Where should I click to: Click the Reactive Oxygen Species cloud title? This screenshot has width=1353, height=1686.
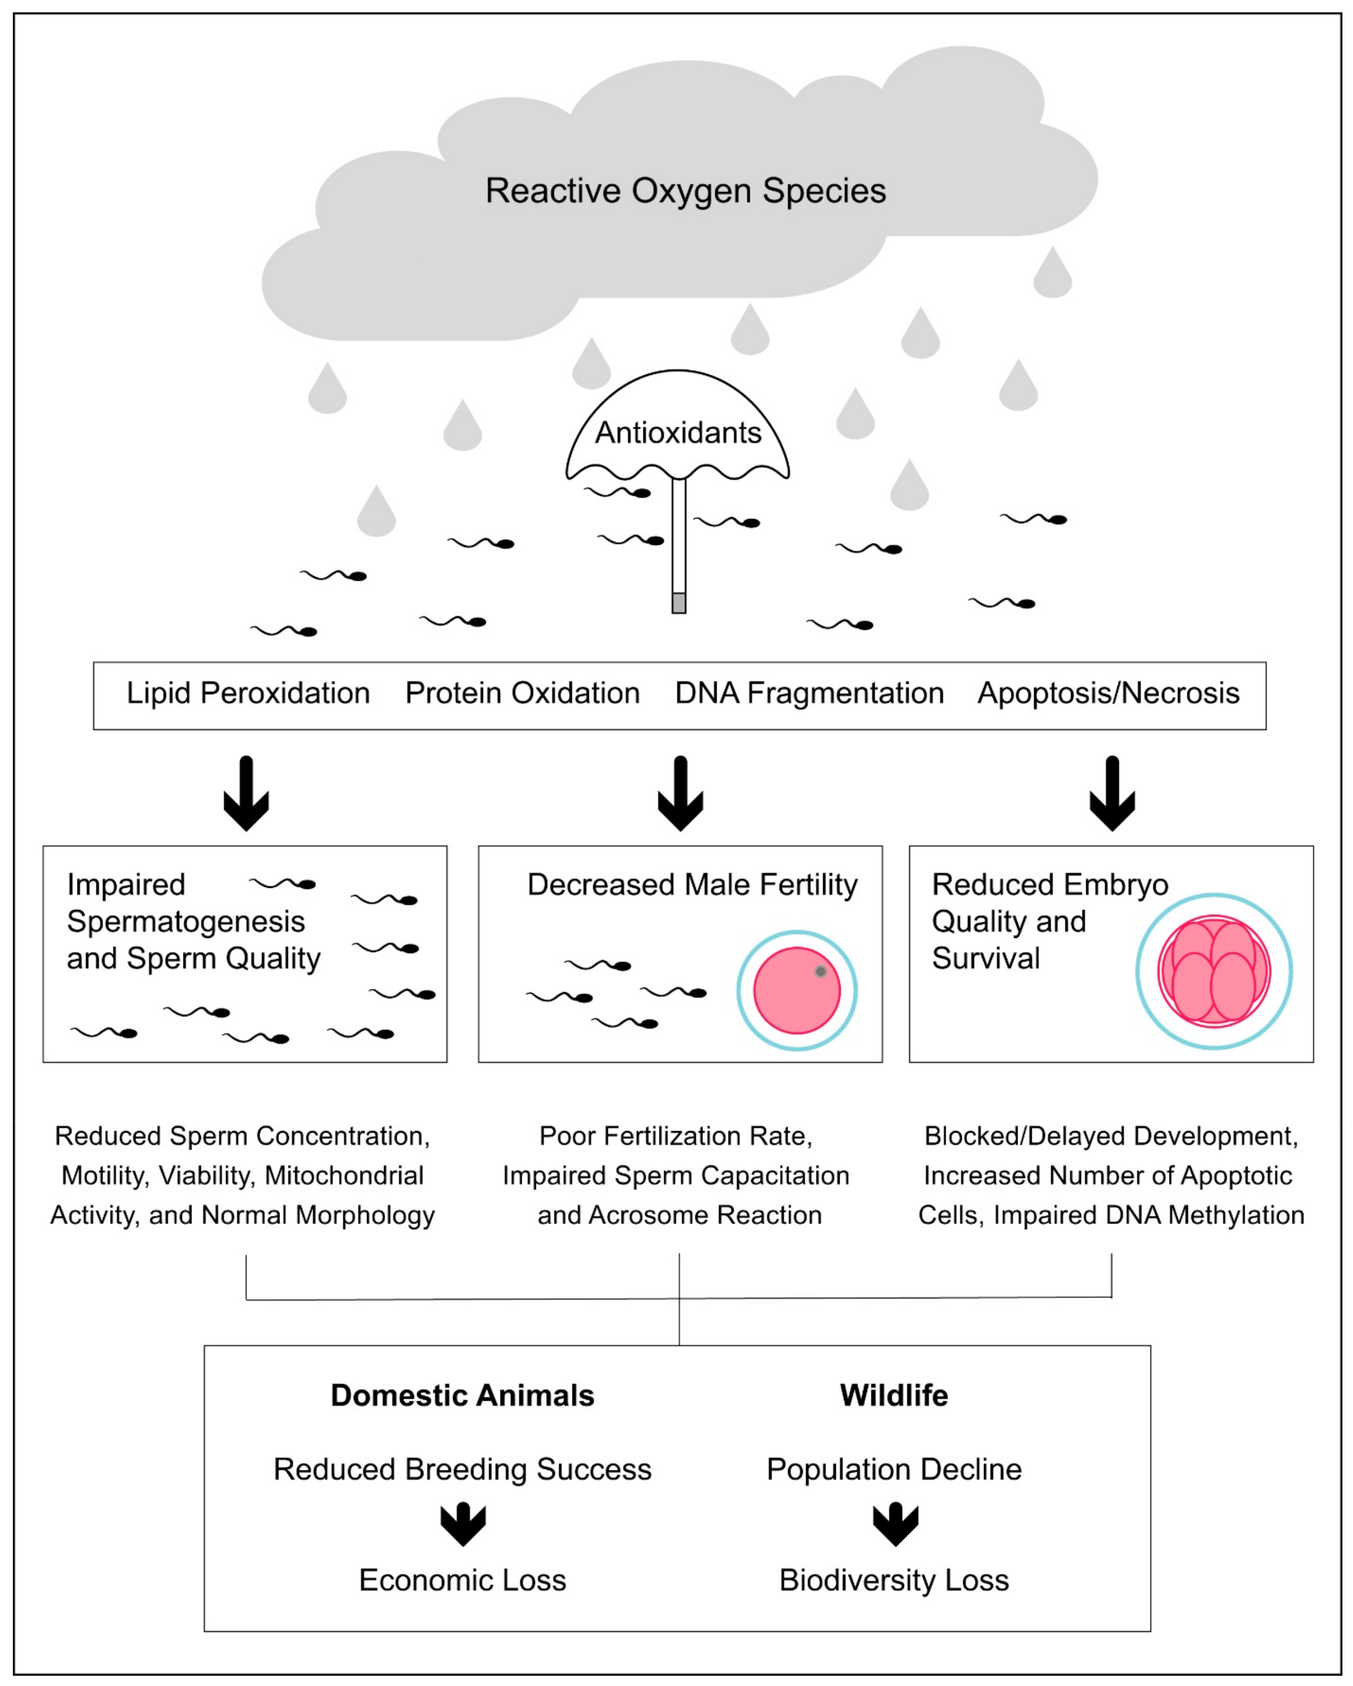click(685, 191)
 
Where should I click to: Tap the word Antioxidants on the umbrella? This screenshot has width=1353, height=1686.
click(678, 432)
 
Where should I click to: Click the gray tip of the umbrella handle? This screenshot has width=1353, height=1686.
click(679, 603)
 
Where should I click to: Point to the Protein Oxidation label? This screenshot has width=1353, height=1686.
click(522, 693)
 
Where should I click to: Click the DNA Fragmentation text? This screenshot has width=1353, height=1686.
click(809, 693)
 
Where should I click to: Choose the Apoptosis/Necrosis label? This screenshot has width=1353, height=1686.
click(1108, 693)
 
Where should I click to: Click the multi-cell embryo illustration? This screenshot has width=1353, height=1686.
click(1214, 971)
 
